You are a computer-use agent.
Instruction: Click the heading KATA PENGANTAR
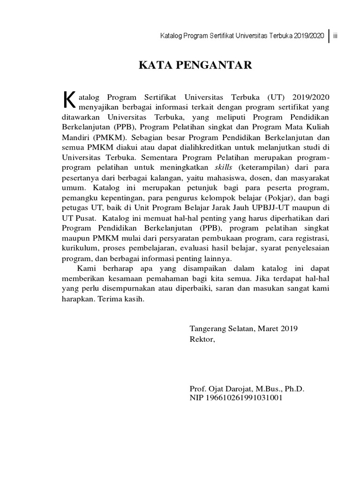(x=195, y=65)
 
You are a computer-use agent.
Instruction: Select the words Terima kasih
(x=119, y=300)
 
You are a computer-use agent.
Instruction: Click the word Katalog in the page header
(x=172, y=36)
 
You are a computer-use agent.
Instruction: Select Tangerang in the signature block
(x=207, y=329)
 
